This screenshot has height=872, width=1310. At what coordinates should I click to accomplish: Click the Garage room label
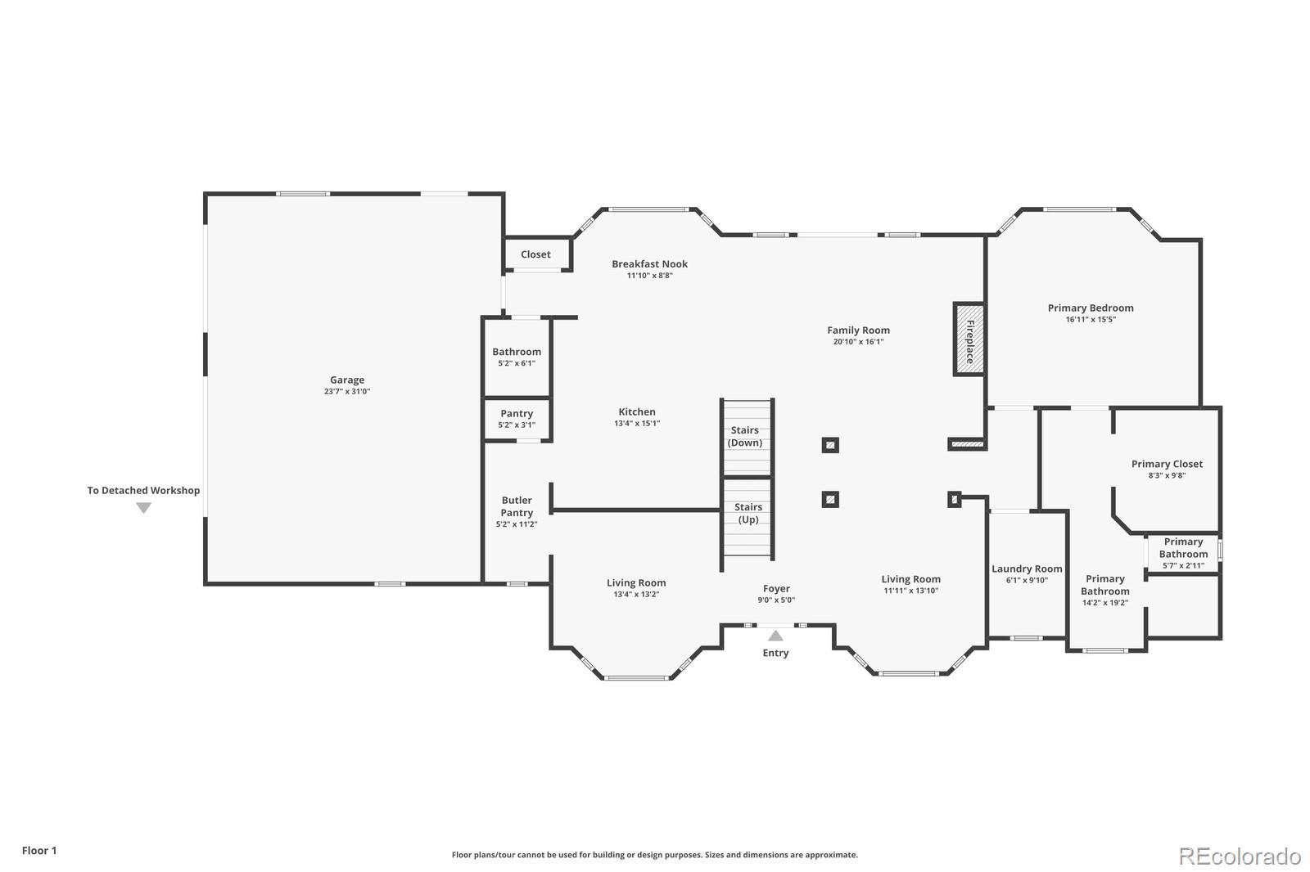click(347, 380)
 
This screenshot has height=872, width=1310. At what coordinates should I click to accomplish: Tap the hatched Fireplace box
click(969, 339)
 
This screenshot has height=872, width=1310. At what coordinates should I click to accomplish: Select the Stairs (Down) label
click(745, 437)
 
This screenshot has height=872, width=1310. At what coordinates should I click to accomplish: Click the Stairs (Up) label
click(748, 514)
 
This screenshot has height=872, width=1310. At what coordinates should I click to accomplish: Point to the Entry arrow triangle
click(775, 636)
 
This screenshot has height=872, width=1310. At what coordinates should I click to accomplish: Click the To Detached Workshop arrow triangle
click(143, 508)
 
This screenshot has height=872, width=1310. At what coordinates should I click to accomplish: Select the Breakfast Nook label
click(649, 264)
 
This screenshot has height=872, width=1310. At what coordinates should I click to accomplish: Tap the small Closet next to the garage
click(536, 254)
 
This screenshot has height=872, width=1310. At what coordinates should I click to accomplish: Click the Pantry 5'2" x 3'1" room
click(517, 419)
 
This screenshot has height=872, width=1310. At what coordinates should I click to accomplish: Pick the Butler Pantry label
click(517, 506)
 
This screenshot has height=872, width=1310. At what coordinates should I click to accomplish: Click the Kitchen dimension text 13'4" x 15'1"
click(637, 424)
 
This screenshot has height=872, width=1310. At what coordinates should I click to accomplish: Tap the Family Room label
click(858, 330)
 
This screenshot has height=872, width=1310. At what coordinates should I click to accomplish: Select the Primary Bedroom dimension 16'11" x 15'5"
click(1091, 320)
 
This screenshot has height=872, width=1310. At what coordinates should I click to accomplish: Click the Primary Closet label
click(1167, 464)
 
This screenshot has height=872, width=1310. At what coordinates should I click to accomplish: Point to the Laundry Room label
click(1027, 569)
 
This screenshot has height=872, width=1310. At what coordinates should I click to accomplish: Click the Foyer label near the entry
click(776, 589)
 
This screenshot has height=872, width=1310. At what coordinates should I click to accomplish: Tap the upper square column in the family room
click(830, 446)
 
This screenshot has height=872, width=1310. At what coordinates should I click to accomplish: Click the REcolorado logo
click(1240, 856)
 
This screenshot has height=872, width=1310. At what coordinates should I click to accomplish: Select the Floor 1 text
click(39, 851)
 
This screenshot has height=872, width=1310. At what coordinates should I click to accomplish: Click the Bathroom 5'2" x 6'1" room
click(517, 357)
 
